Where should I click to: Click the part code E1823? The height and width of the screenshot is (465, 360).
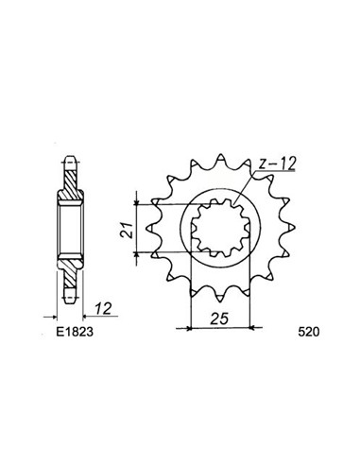tap(62, 335)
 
